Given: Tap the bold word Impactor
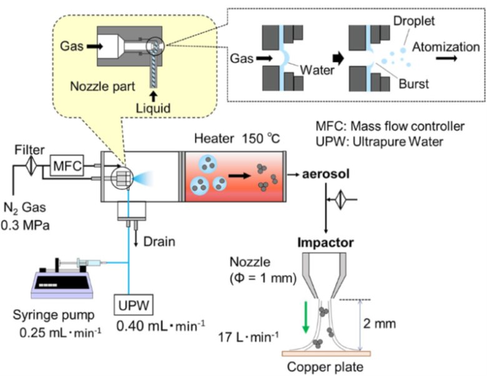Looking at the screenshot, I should click(x=325, y=242).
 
